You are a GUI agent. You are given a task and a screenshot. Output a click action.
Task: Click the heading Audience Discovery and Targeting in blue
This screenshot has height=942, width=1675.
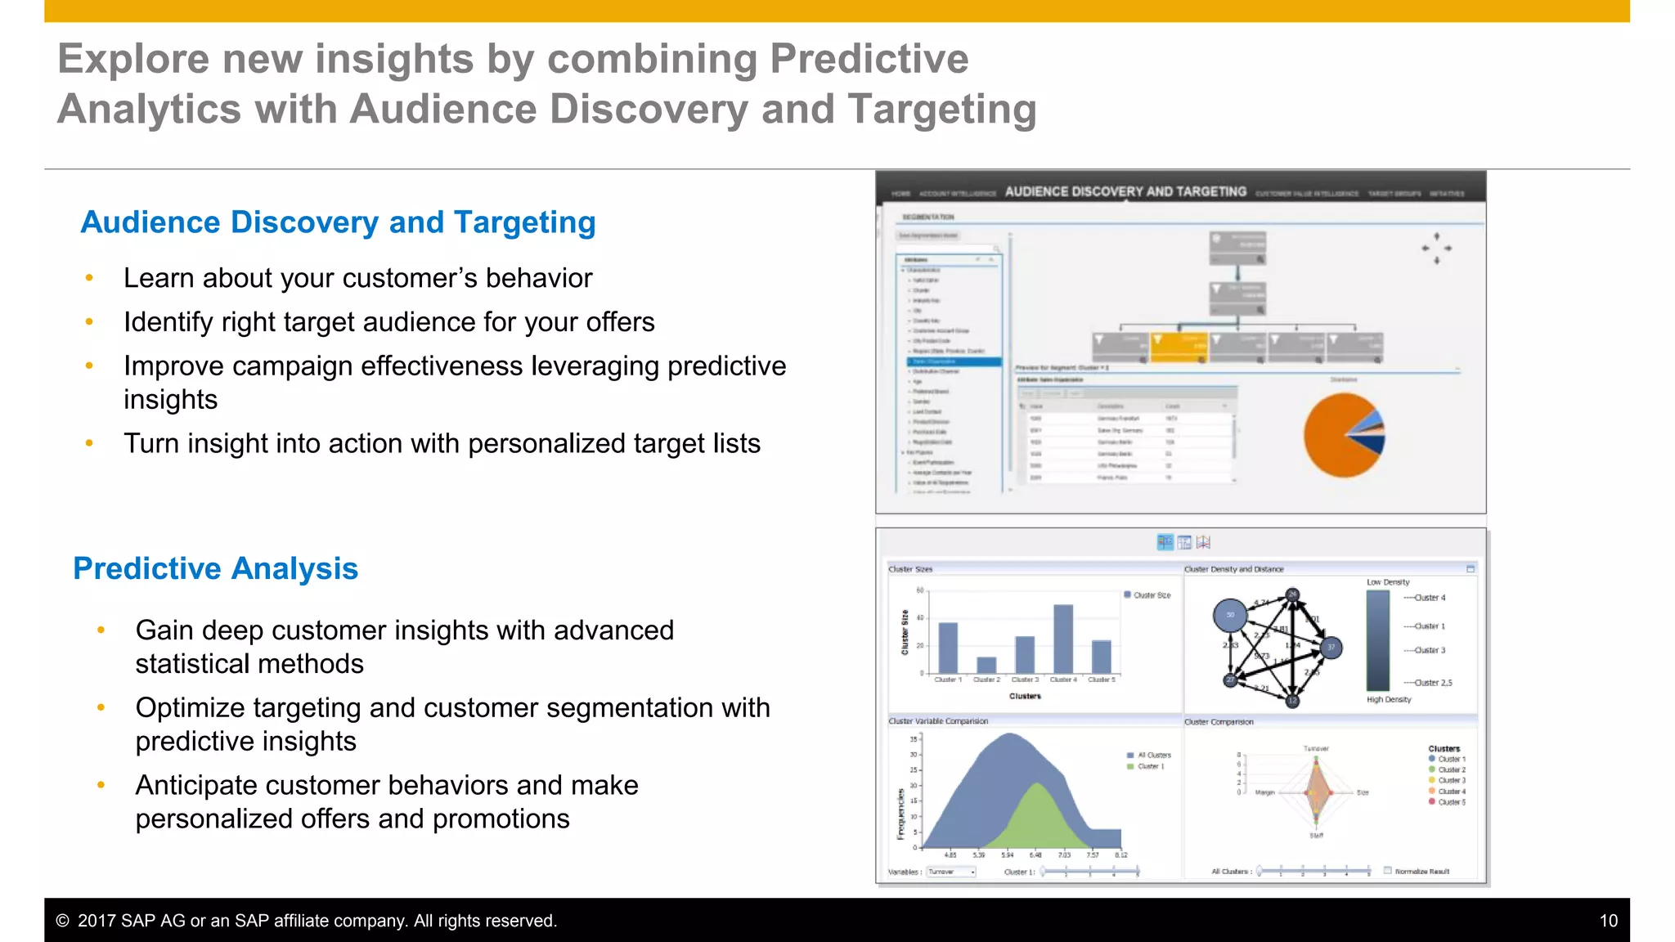338,222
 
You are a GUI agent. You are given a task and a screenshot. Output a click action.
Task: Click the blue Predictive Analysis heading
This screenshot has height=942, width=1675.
215,568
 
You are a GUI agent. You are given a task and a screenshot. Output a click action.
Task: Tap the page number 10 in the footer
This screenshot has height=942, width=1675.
1608,921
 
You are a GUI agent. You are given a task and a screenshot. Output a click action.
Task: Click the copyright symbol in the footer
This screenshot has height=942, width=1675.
62,921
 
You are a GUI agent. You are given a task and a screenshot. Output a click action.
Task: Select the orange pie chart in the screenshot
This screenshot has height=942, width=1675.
1341,435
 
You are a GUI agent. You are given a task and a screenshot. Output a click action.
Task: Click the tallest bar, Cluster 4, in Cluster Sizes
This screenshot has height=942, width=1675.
1062,639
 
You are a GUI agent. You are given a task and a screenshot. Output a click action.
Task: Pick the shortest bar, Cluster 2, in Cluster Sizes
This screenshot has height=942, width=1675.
986,664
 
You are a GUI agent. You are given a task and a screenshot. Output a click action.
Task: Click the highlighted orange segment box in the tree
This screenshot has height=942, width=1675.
1179,346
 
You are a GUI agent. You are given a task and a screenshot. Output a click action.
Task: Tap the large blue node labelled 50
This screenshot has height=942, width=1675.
1229,615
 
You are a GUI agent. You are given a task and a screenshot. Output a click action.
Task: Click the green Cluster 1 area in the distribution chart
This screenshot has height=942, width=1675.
1037,818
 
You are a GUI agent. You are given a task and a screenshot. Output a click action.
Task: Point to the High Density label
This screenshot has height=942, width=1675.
1388,700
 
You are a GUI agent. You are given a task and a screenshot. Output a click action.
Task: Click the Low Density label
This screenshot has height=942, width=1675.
1388,582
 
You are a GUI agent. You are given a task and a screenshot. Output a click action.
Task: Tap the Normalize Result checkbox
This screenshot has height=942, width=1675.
1387,870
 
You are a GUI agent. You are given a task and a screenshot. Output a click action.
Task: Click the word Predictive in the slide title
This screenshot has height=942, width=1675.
869,59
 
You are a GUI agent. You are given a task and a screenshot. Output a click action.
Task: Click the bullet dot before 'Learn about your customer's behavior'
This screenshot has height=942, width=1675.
89,278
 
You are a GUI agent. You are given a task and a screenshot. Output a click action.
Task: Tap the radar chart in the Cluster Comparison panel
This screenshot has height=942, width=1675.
1316,791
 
